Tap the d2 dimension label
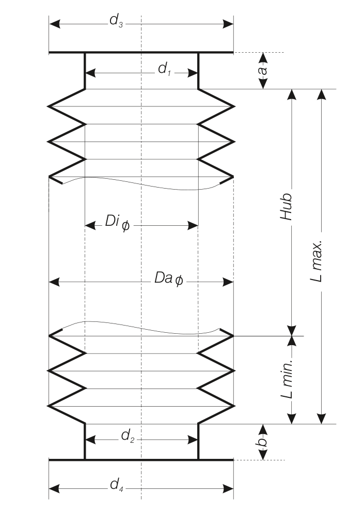pyautogui.click(x=128, y=436)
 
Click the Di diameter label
pyautogui.click(x=117, y=223)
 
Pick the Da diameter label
pyautogui.click(x=169, y=279)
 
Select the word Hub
pyautogui.click(x=287, y=207)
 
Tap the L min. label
pyautogui.click(x=287, y=379)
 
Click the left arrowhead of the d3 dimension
pyautogui.click(x=55, y=24)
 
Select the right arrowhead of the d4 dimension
pyautogui.click(x=228, y=489)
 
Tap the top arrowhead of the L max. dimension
pyautogui.click(x=322, y=95)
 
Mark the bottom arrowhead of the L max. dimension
pyautogui.click(x=322, y=418)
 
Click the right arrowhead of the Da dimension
pyautogui.click(x=228, y=282)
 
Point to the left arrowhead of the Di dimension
pyautogui.click(x=90, y=225)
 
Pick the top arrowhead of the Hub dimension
pyautogui.click(x=292, y=95)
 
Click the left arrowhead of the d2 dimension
pyautogui.click(x=90, y=440)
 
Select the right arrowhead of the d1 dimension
pyautogui.click(x=193, y=73)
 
